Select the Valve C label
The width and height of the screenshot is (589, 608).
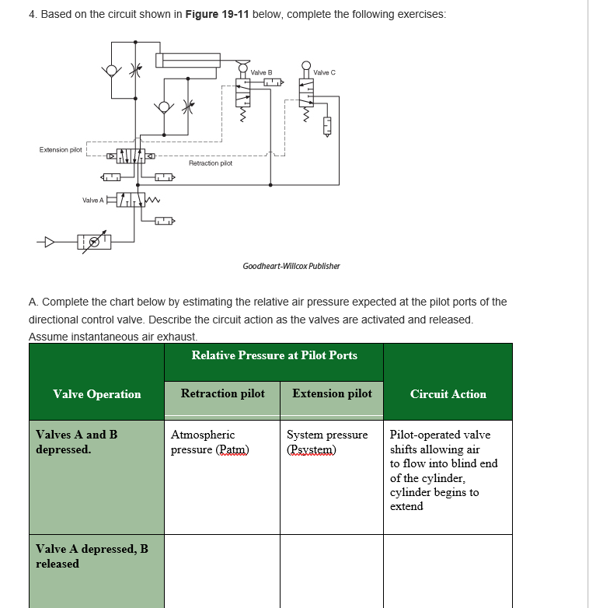(x=324, y=72)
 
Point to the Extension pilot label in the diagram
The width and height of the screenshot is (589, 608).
(x=61, y=150)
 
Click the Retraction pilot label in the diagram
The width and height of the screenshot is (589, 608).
(x=210, y=163)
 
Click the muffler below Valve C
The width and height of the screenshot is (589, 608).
(x=327, y=124)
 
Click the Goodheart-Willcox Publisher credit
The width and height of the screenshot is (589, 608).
(x=291, y=266)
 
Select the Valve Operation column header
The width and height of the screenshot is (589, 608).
(x=96, y=394)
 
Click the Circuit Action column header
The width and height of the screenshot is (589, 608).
(x=448, y=394)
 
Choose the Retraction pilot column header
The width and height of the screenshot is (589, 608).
(x=222, y=393)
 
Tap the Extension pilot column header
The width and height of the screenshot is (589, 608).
(x=332, y=393)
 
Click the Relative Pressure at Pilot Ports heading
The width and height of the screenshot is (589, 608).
(x=274, y=355)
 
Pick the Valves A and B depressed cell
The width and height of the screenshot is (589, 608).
(x=77, y=442)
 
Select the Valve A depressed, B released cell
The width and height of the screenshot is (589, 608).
(x=92, y=556)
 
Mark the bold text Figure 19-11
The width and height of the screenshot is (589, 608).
(x=218, y=16)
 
